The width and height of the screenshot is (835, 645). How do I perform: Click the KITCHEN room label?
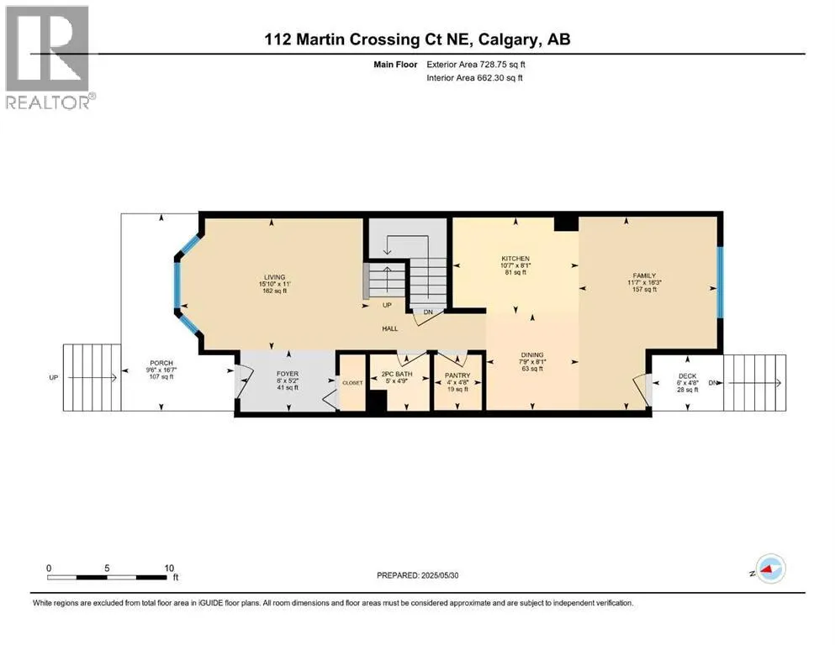click(515, 259)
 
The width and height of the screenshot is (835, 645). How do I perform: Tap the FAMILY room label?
click(644, 275)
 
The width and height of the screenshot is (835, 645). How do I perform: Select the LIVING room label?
click(275, 277)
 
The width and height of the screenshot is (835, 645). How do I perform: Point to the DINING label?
click(532, 354)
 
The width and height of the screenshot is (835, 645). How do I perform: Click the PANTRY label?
click(457, 375)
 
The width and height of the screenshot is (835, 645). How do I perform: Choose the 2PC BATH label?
click(397, 375)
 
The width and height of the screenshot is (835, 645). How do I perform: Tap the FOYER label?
click(288, 374)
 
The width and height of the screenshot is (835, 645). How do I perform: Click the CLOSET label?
click(352, 383)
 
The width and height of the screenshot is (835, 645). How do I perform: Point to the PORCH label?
click(161, 363)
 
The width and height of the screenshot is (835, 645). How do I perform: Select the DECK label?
click(688, 376)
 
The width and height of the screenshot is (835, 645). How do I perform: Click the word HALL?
click(390, 328)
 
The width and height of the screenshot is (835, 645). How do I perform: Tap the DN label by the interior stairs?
click(428, 312)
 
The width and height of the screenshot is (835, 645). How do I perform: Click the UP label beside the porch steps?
click(53, 378)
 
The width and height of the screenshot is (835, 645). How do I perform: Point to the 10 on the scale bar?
click(169, 568)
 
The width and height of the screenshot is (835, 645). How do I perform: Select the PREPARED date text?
click(417, 575)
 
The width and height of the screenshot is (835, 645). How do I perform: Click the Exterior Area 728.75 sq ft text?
click(476, 65)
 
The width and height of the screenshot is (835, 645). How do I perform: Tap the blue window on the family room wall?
click(720, 282)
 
